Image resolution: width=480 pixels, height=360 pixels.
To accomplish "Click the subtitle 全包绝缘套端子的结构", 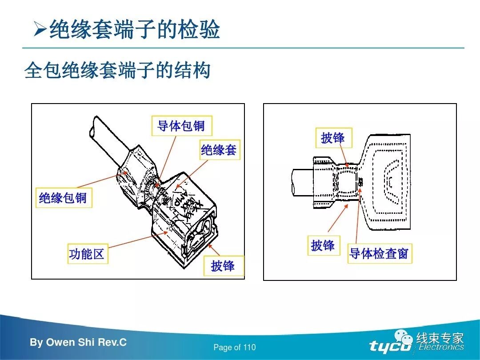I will [117, 70].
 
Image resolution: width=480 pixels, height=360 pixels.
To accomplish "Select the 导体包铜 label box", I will [181, 126].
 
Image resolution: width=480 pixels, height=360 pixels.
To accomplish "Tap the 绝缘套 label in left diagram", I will [219, 150].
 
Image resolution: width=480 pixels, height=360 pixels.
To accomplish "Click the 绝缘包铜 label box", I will [63, 198].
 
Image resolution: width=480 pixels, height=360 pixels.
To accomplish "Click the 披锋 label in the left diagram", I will [223, 266].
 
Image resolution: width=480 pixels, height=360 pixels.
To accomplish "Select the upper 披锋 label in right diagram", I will [333, 138].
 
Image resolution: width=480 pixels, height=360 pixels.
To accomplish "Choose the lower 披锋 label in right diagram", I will [323, 245].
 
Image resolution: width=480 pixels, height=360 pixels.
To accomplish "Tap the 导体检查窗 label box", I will [379, 253].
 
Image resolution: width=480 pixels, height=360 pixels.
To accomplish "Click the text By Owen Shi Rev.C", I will [78, 343].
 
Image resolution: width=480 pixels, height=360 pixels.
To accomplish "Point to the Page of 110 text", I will [235, 348].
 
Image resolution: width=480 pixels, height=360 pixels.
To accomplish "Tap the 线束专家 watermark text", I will [440, 338].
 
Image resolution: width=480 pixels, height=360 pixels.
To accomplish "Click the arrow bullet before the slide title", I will [40, 30].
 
